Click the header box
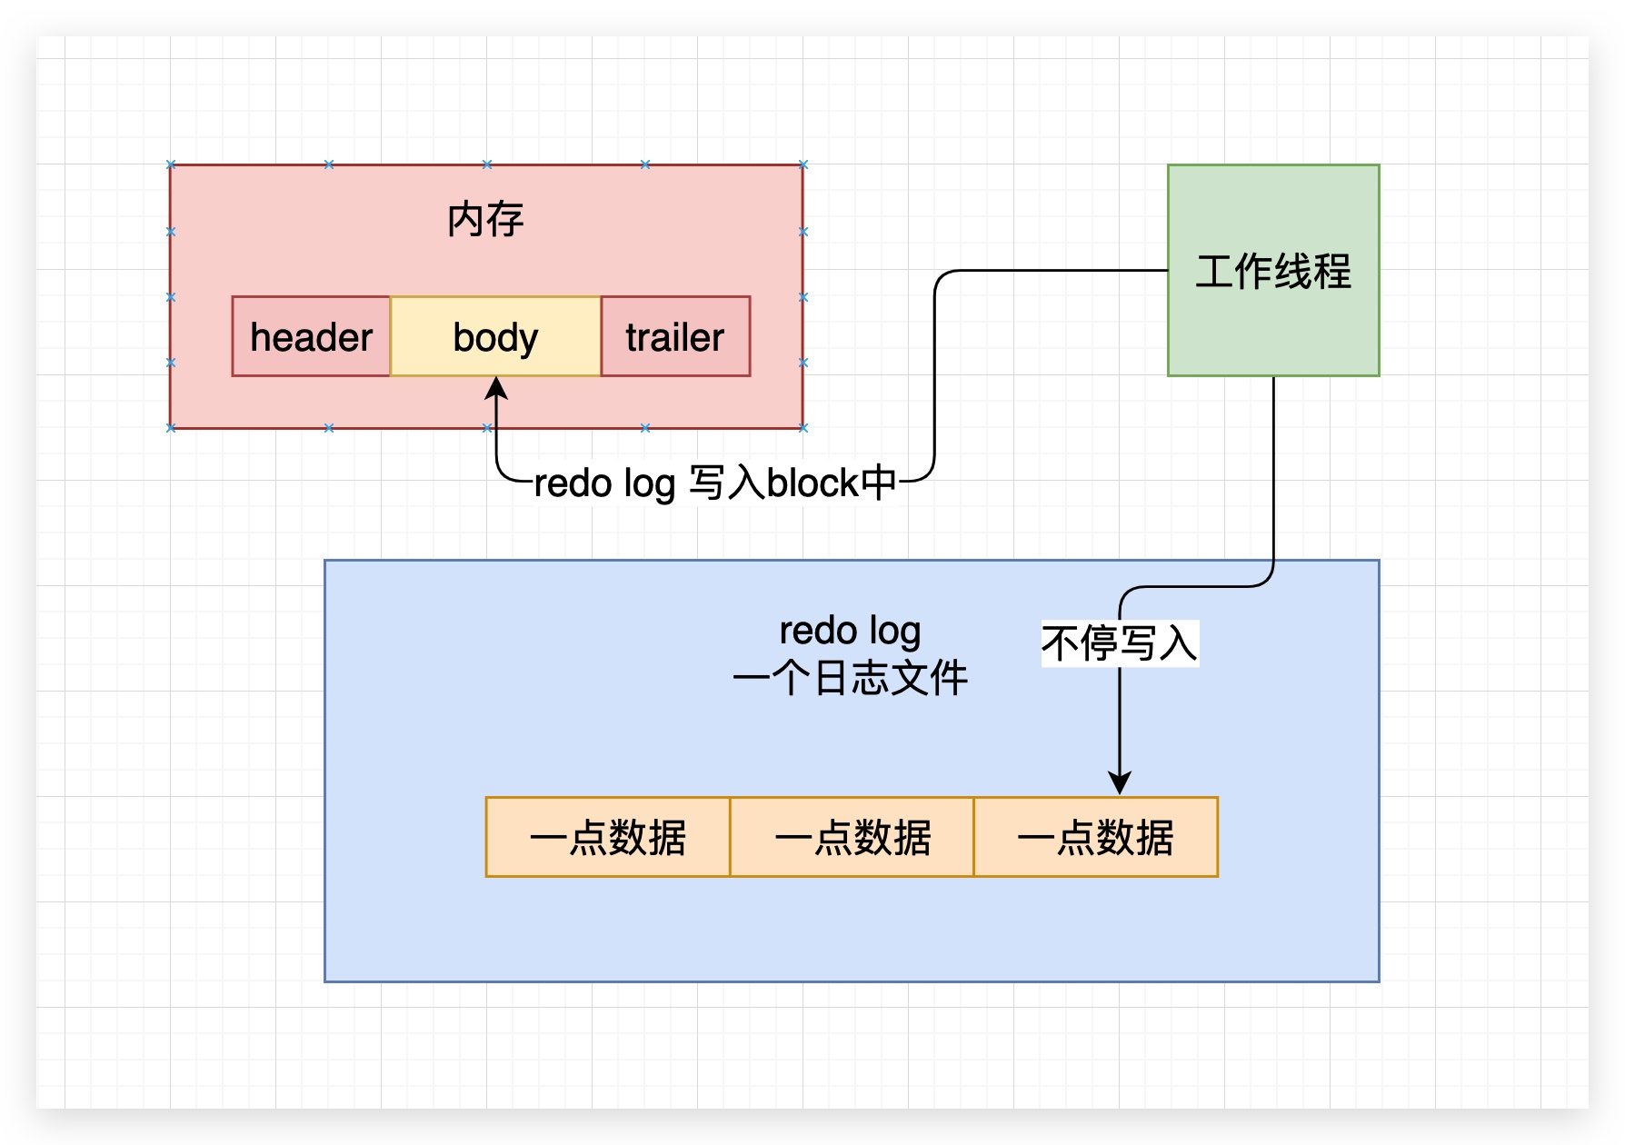coord(311,336)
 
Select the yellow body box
coord(495,336)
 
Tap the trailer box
coord(675,336)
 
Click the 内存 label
coord(485,220)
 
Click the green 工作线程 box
coord(1272,271)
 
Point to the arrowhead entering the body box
coord(496,387)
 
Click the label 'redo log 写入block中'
coord(714,483)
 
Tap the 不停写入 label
coord(1119,643)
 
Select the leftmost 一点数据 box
coord(607,837)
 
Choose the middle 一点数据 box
coord(852,837)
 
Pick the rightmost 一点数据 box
coord(1095,837)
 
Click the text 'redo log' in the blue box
coord(850,630)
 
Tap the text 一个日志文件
coord(850,678)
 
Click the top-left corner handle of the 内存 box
coord(171,164)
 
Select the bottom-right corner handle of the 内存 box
coord(803,427)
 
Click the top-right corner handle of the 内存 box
coord(803,164)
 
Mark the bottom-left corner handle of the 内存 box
coord(171,427)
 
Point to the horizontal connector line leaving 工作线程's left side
coord(1054,270)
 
